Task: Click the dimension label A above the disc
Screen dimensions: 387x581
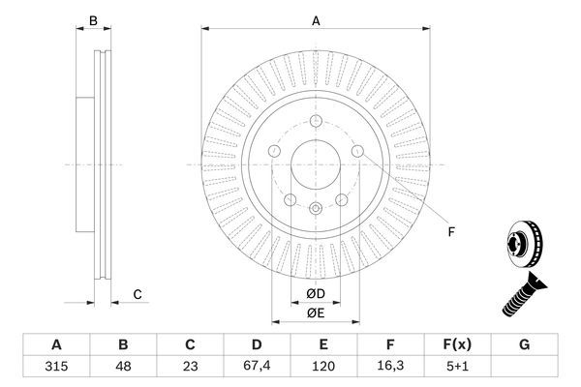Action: pos(316,18)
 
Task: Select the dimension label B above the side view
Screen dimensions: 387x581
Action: pos(93,19)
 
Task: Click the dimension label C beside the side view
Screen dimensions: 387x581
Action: pos(138,294)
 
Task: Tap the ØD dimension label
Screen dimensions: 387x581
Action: pos(315,292)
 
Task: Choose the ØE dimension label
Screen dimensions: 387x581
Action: pos(315,312)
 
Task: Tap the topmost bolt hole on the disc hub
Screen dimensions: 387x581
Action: pos(316,121)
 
